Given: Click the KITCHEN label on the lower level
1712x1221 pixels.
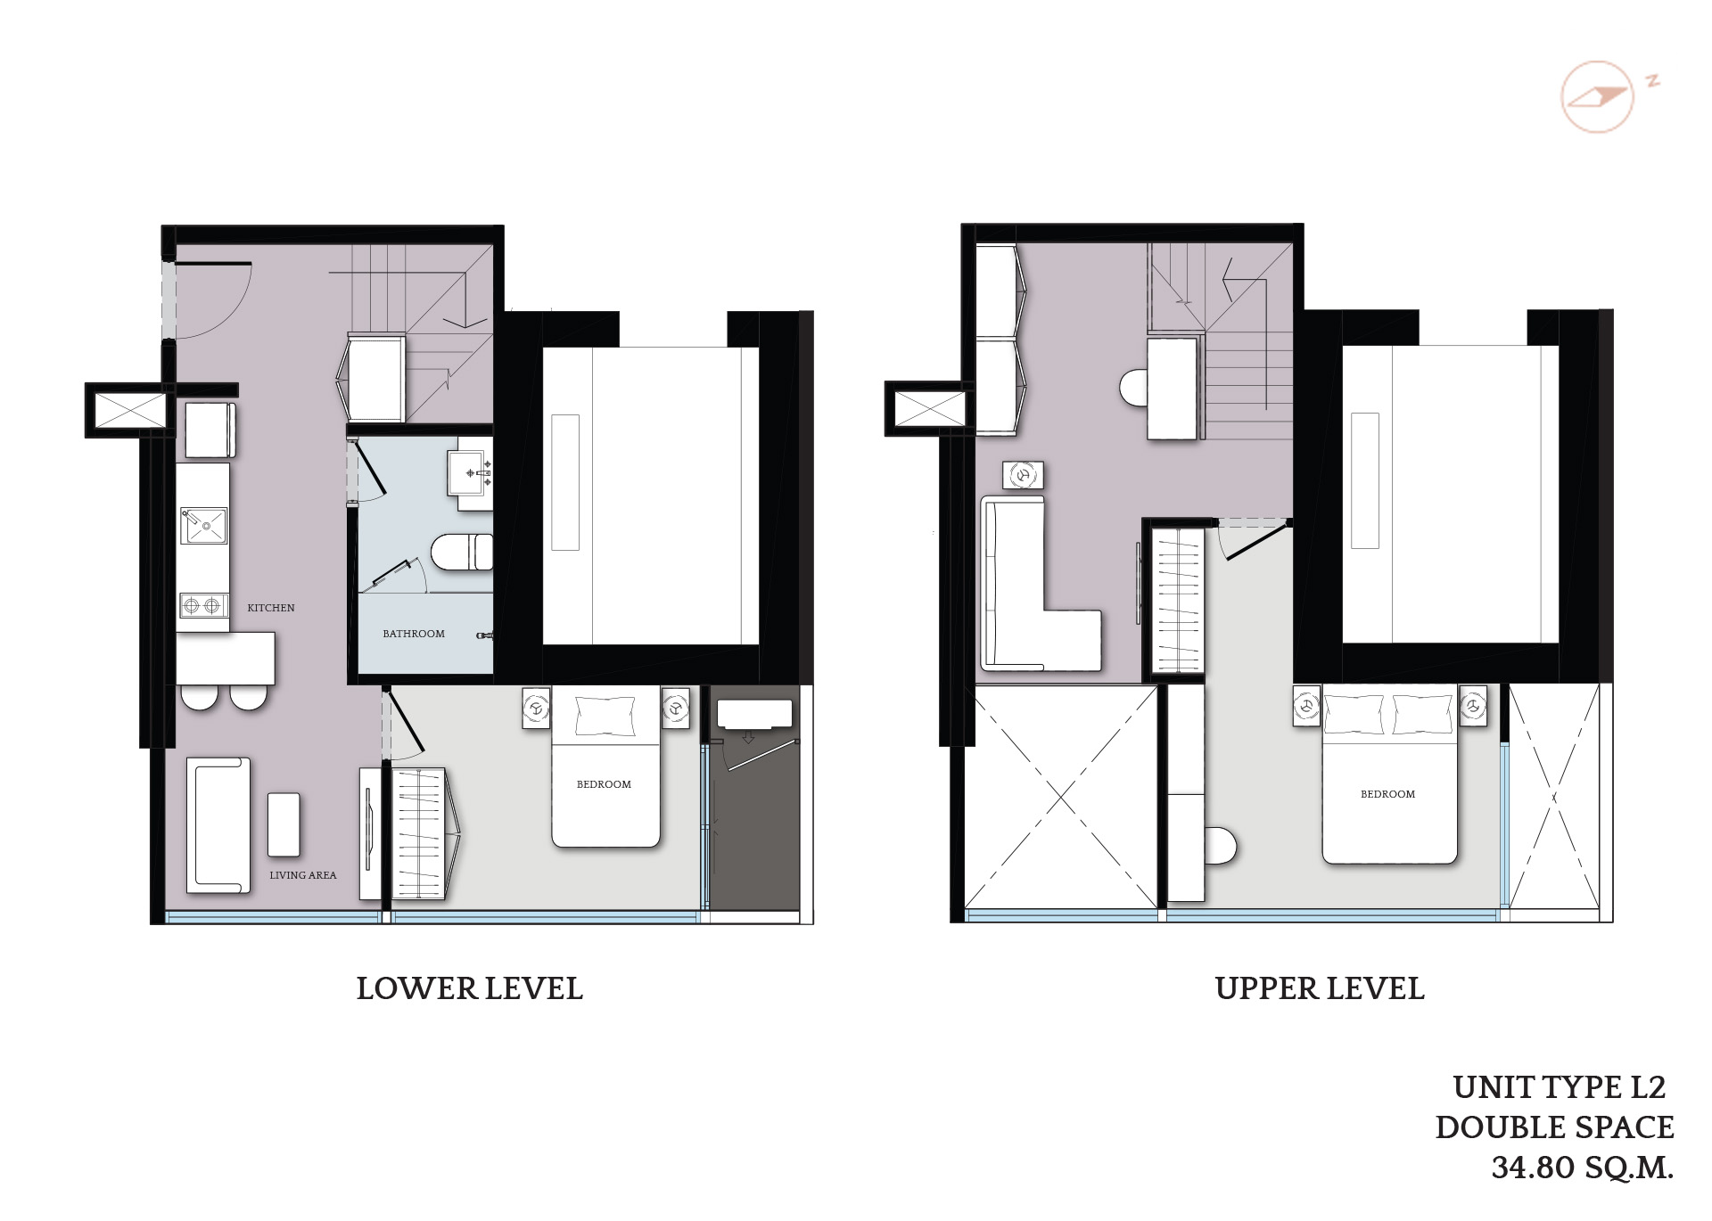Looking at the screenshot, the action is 271,608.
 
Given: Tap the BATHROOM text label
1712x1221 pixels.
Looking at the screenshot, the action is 414,634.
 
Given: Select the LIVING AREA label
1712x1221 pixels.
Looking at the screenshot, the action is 303,875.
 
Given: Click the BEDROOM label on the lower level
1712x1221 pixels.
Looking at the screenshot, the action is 604,784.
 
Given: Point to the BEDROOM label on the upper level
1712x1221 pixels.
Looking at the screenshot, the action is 1387,794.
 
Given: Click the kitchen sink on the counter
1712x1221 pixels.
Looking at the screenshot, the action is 204,525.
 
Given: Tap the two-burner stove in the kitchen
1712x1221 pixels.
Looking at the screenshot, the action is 202,606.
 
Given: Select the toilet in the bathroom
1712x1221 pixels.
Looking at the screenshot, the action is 462,552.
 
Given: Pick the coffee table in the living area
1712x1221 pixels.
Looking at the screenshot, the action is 284,824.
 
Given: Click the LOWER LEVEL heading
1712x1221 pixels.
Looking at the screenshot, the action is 469,988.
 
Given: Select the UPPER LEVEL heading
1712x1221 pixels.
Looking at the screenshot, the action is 1320,988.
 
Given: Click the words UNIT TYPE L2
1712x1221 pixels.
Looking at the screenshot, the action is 1560,1087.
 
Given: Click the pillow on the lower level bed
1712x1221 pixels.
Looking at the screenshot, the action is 605,716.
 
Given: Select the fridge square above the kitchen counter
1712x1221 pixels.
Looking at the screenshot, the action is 210,430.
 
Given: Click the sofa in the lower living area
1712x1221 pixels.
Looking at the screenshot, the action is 218,825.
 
